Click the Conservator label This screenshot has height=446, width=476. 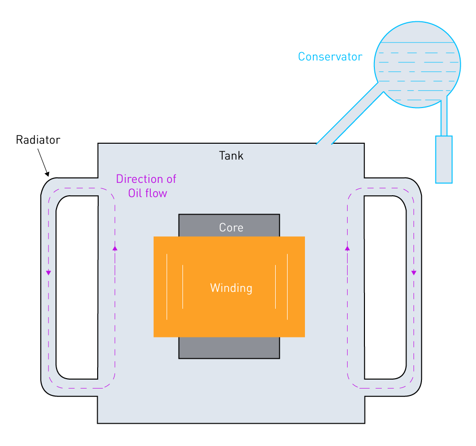pos(330,57)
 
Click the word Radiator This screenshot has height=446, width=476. pos(38,140)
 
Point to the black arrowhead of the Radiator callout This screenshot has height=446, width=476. pos(48,174)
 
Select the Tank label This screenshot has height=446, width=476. pos(231,156)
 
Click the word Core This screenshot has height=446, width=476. pos(231,227)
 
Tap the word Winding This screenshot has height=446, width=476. pos(231,288)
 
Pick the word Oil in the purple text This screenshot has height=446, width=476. pos(135,193)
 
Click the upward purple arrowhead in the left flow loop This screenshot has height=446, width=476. pos(115,248)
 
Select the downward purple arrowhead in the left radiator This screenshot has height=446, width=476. pos(49,273)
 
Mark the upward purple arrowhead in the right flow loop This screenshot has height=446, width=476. pos(347,248)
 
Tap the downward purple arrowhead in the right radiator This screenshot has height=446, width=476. pos(414,273)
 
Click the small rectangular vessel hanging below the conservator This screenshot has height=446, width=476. pos(444,159)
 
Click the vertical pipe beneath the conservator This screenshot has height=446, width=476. pos(444,116)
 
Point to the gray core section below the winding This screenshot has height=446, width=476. pos(229,347)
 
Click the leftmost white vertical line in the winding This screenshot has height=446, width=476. pos(167,286)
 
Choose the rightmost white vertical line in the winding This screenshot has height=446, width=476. pos(288,286)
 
